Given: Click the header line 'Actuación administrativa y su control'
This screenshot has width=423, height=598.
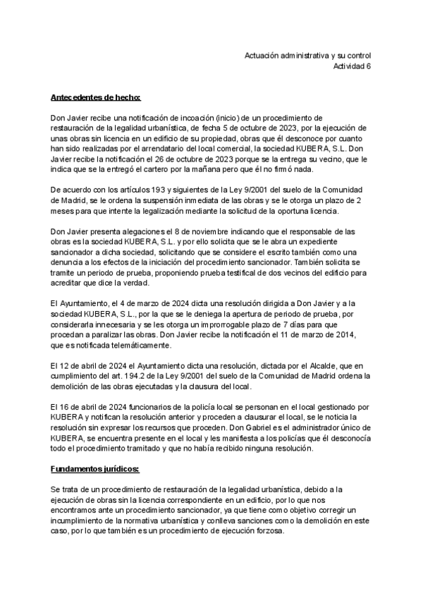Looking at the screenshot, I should pos(307,56).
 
